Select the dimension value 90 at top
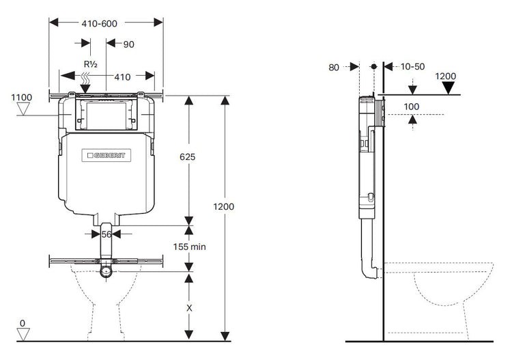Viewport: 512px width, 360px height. [x=129, y=44]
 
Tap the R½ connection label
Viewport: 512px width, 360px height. [x=89, y=65]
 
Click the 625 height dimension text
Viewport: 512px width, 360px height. [x=188, y=157]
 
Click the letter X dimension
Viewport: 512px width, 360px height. [x=189, y=308]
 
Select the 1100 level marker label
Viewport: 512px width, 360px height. [x=23, y=98]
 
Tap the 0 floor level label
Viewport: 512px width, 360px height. [x=23, y=323]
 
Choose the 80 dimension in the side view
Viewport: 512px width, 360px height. [x=334, y=67]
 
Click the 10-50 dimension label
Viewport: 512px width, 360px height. [x=412, y=67]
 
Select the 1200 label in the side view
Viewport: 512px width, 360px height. [x=445, y=76]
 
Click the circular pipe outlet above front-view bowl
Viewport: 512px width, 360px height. [x=105, y=272]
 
